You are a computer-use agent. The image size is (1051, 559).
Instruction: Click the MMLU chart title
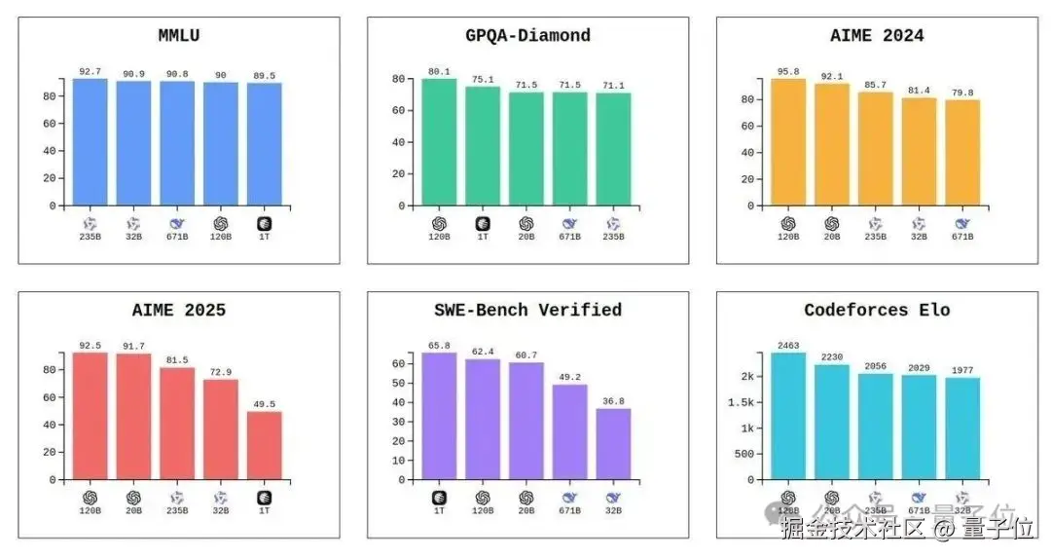[179, 36]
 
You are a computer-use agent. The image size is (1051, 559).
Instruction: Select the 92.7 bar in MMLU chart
[91, 142]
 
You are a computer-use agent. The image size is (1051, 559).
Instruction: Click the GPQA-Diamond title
[527, 36]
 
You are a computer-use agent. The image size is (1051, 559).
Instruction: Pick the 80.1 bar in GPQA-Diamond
[439, 142]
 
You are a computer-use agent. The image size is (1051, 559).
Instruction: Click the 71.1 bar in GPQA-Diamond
[613, 149]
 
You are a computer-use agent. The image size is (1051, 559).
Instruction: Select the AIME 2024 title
[877, 36]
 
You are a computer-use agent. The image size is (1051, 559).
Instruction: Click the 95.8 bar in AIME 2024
[788, 142]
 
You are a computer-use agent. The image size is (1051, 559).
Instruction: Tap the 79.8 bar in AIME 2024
[961, 153]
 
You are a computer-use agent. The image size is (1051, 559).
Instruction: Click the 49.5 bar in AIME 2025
[264, 445]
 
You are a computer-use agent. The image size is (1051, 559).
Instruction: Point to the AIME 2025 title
[179, 311]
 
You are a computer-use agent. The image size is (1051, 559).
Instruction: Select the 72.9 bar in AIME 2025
[221, 429]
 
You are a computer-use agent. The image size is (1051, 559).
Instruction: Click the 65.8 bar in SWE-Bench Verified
[439, 416]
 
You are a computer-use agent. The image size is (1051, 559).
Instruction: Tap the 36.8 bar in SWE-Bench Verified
[613, 444]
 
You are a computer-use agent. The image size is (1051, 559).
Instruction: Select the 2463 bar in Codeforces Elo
[788, 416]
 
